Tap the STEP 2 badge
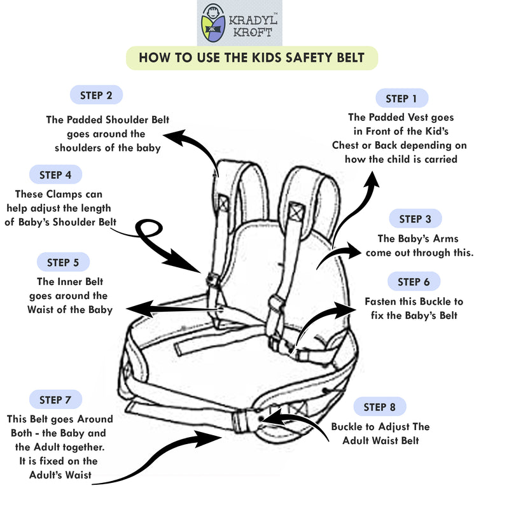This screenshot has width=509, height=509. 96,95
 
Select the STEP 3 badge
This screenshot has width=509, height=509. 415,219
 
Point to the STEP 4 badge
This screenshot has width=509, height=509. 55,174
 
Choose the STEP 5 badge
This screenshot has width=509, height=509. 63,262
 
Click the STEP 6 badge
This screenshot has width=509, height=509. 414,282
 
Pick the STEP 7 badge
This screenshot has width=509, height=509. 55,400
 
